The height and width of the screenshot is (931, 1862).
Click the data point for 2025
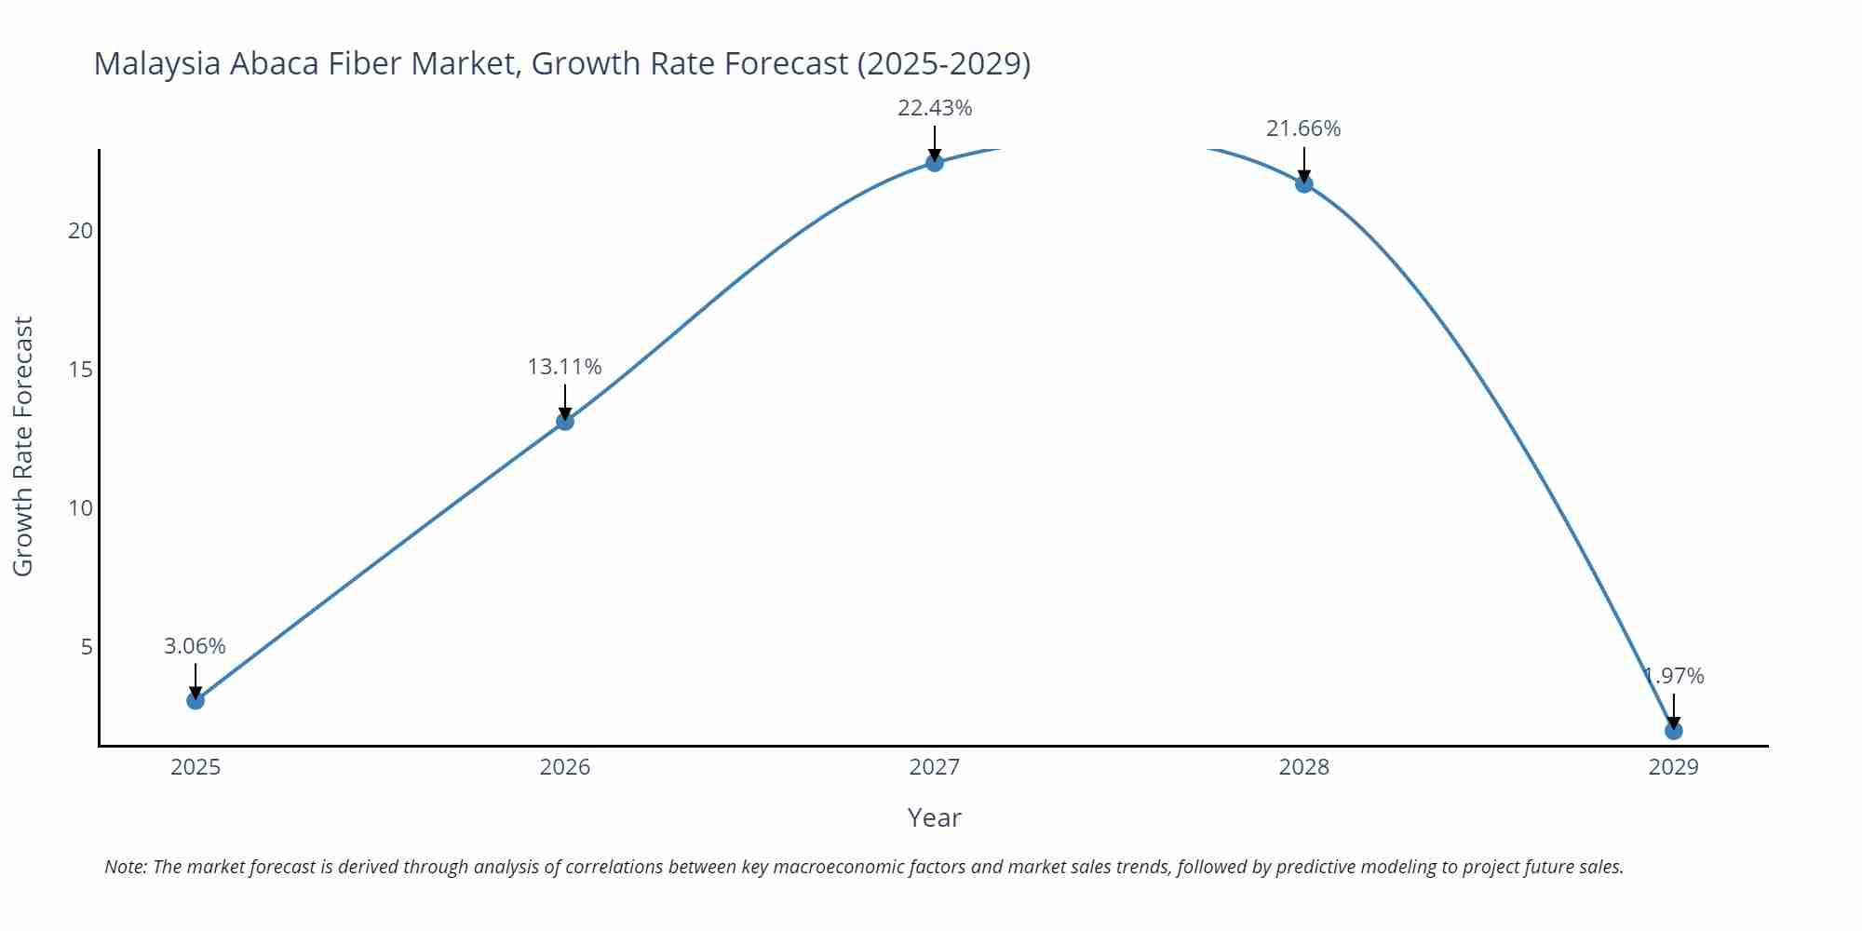click(196, 700)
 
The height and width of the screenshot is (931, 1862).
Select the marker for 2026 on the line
click(565, 422)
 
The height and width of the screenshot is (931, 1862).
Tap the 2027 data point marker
click(935, 163)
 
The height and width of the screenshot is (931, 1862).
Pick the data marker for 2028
click(1304, 184)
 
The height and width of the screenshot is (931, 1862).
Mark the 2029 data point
click(1673, 731)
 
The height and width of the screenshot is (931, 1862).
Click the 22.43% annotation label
click(935, 108)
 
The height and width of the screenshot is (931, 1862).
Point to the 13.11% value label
click(564, 367)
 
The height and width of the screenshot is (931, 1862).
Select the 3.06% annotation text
click(195, 646)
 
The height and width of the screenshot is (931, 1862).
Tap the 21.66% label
click(1303, 128)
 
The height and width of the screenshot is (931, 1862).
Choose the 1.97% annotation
click(1674, 676)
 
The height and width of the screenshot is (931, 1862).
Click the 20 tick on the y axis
click(81, 231)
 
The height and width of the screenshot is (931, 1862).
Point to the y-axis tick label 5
click(87, 646)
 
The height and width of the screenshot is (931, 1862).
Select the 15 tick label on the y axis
click(81, 370)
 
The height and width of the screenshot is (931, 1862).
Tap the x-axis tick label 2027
click(934, 767)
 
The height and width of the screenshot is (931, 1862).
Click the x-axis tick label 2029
click(1673, 767)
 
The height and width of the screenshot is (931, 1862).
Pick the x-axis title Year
click(934, 817)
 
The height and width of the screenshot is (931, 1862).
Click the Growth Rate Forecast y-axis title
click(22, 446)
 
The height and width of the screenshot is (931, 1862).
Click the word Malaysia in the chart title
click(157, 63)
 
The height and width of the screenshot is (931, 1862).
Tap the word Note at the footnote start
click(125, 867)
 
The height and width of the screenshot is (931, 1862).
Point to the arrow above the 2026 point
click(565, 402)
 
